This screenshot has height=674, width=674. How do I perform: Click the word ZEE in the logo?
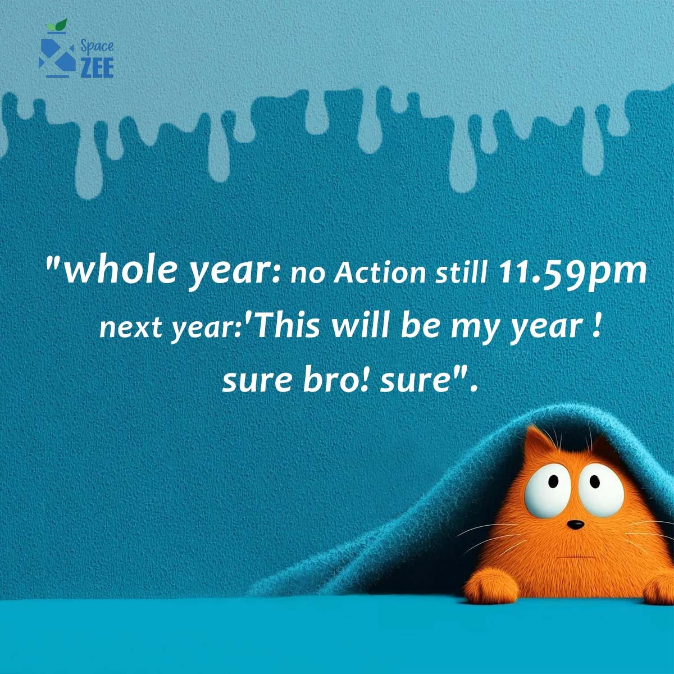tap(97, 67)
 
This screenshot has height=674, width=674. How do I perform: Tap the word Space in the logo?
tap(97, 45)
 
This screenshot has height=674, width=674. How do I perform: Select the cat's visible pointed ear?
tap(541, 443)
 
